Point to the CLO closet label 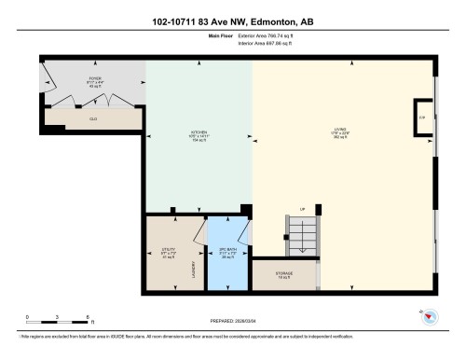[x=94, y=118]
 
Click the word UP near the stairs [x=302, y=208]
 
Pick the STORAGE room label [x=283, y=273]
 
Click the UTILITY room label [x=169, y=252]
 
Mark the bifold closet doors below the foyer [x=93, y=100]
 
